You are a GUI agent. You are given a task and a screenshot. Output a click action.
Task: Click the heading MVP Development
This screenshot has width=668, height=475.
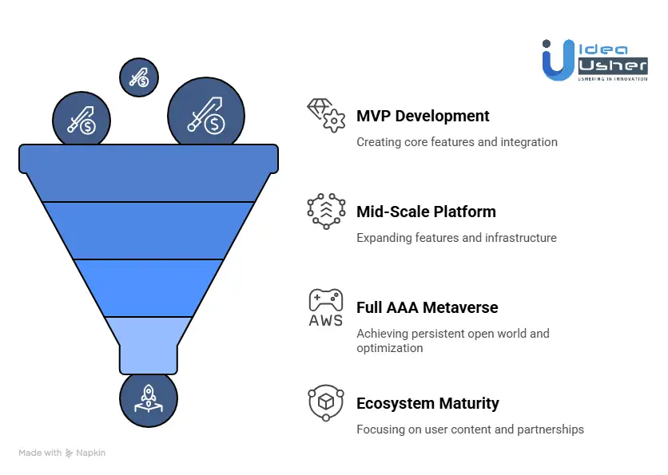(x=423, y=116)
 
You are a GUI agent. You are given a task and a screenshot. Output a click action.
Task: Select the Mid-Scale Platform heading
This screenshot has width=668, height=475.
(x=426, y=212)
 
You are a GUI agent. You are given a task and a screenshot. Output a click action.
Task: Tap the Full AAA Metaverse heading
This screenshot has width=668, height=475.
(x=427, y=307)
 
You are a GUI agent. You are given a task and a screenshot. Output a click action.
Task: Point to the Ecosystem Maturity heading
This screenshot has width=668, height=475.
(x=427, y=403)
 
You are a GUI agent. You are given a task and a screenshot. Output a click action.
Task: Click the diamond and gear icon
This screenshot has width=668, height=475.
(x=326, y=116)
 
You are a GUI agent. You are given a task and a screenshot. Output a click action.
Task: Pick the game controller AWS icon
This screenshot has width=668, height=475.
(x=326, y=307)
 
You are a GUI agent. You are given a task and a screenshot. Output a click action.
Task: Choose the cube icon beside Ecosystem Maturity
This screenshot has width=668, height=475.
(x=326, y=402)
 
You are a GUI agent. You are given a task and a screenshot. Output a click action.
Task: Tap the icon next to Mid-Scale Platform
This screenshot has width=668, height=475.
(x=326, y=212)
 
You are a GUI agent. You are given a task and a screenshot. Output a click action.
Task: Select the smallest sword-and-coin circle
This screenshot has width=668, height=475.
(x=139, y=77)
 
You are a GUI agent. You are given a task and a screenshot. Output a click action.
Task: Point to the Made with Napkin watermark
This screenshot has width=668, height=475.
(x=62, y=453)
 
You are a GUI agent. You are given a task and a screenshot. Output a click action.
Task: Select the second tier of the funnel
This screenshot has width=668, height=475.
(x=149, y=230)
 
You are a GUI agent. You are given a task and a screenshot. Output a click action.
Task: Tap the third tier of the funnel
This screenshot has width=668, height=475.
(x=149, y=287)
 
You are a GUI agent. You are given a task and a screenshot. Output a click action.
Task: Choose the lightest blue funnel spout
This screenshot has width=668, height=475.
(x=149, y=343)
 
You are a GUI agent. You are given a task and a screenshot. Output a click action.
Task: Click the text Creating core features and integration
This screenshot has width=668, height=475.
(x=456, y=142)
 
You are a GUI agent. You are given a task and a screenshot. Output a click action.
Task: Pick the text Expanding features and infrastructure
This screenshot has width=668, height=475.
(x=456, y=238)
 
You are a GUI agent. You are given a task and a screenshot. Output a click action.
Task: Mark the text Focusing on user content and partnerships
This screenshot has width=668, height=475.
(x=470, y=429)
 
